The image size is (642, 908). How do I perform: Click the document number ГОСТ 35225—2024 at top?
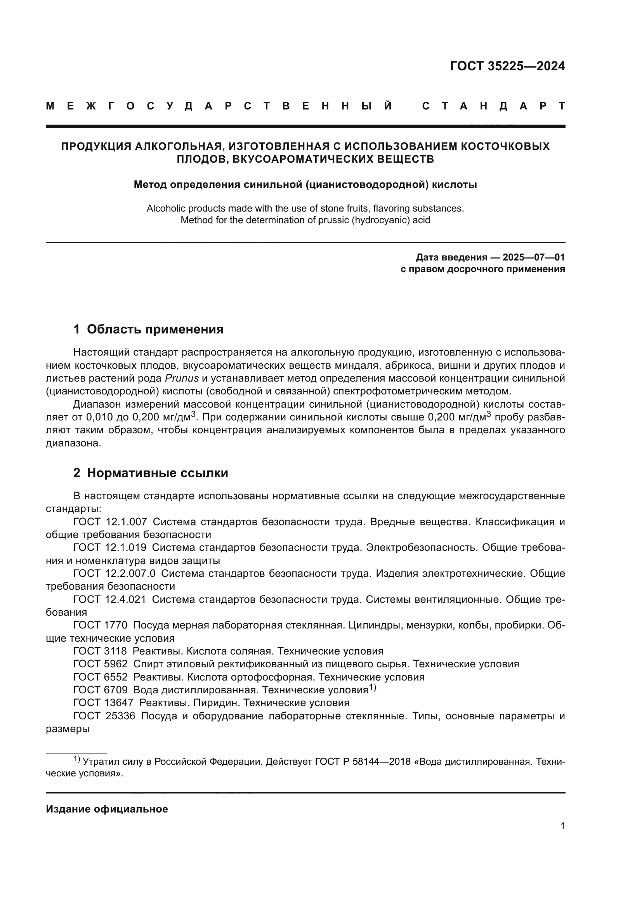pos(507,66)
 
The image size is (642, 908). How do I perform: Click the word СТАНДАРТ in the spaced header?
pos(493,106)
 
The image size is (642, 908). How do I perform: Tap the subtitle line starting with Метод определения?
pos(305,185)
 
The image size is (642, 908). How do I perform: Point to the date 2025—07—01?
pos(533,257)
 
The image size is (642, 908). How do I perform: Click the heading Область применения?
pos(155,329)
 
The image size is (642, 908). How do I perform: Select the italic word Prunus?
pos(181,378)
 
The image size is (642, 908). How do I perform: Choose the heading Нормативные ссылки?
pos(157,472)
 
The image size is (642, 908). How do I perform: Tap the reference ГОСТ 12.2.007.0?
pos(114,573)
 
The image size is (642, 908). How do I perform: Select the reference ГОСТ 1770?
pos(101,625)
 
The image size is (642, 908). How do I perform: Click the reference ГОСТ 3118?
pos(100,651)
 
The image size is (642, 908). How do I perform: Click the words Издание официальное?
pos(107,809)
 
